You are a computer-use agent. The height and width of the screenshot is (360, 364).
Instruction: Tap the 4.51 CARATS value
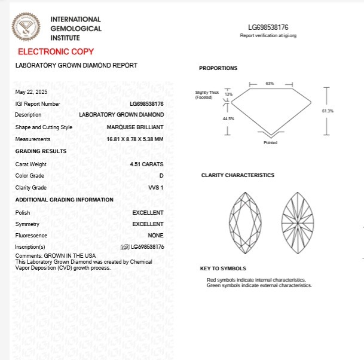click(x=146, y=164)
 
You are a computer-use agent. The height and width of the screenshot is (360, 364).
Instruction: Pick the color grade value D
click(x=161, y=176)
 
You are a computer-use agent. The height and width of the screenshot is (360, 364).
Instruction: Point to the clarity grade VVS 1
click(x=155, y=188)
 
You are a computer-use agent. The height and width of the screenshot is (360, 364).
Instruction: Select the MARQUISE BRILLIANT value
click(x=135, y=127)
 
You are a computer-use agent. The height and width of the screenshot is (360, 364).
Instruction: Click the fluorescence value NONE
click(x=155, y=236)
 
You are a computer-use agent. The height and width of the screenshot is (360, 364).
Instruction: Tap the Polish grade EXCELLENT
click(x=148, y=212)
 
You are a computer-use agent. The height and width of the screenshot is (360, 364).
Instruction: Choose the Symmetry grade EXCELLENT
click(x=148, y=224)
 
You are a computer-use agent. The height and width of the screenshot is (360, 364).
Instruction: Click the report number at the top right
click(x=268, y=28)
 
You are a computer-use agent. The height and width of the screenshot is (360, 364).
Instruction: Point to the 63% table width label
click(x=270, y=83)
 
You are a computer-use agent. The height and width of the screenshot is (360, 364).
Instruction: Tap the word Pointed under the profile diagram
click(x=270, y=143)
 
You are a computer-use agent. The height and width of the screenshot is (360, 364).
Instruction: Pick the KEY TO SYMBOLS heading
click(x=223, y=269)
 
